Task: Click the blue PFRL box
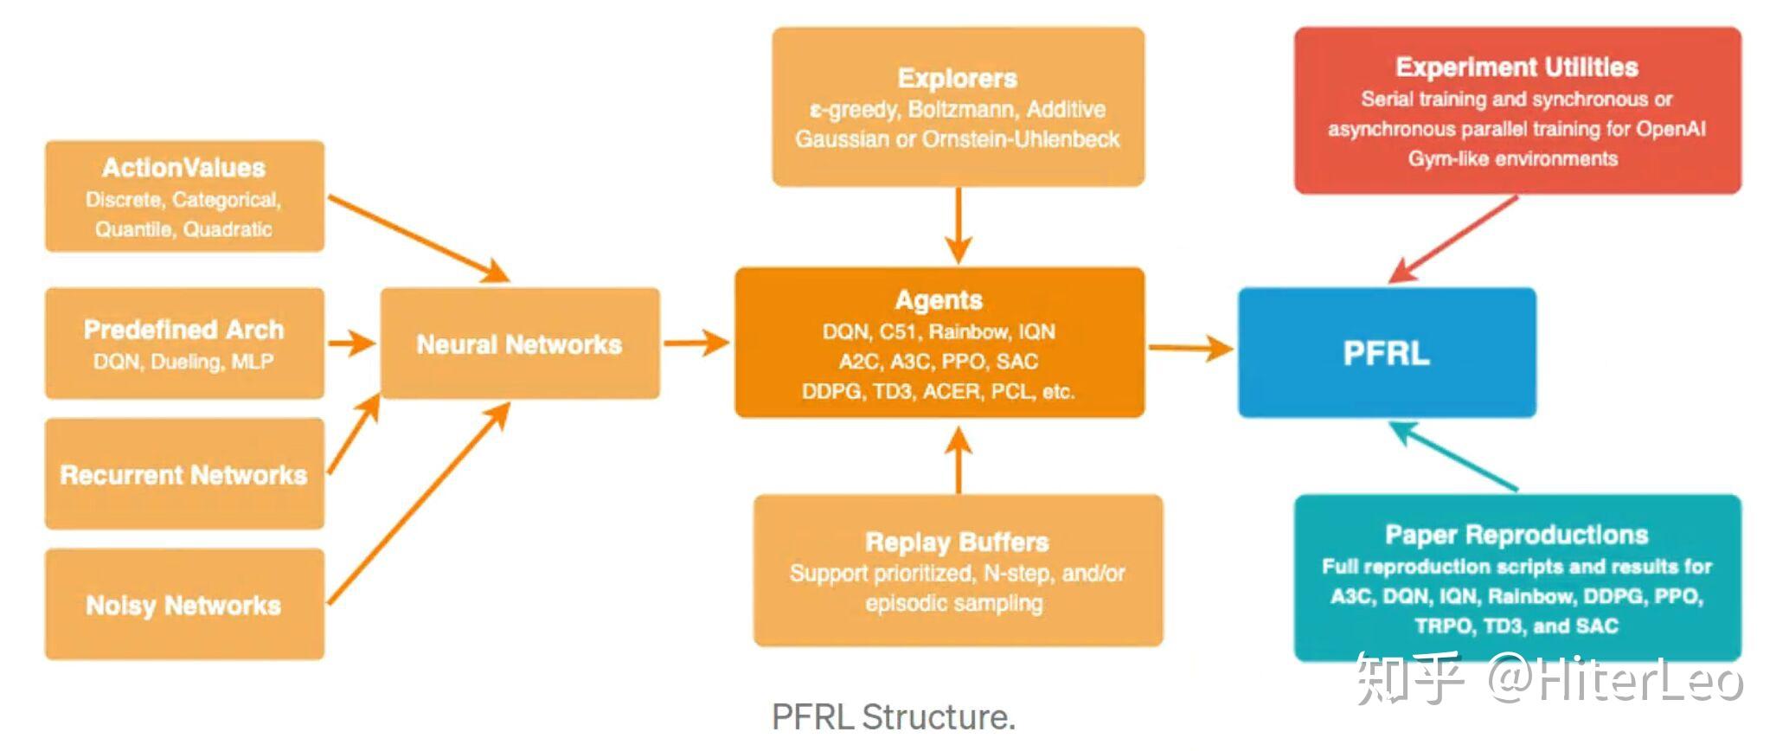click(x=1387, y=352)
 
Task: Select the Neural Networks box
click(x=520, y=343)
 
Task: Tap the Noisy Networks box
click(x=184, y=604)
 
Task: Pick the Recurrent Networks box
click(x=184, y=473)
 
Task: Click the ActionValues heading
click(x=183, y=167)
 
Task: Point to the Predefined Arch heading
click(x=183, y=329)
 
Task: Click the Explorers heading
click(x=958, y=78)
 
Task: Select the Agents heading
click(x=939, y=299)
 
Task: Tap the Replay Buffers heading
click(x=957, y=542)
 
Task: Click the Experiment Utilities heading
click(x=1516, y=67)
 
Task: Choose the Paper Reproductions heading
click(x=1516, y=534)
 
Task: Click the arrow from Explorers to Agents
click(x=958, y=225)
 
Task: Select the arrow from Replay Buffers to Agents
click(x=958, y=459)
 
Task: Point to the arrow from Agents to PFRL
click(x=1191, y=349)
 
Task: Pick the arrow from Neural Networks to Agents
click(x=697, y=343)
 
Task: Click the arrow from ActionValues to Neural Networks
click(x=420, y=239)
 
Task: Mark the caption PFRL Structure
click(x=894, y=716)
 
